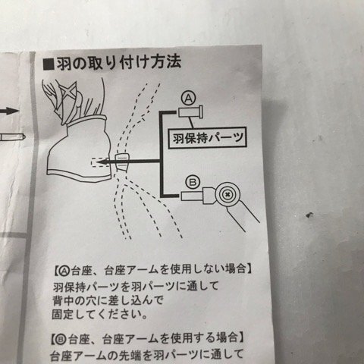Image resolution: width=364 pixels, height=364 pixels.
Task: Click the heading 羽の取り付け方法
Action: pyautogui.click(x=119, y=63)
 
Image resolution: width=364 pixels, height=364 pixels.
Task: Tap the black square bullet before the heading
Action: pyautogui.click(x=49, y=64)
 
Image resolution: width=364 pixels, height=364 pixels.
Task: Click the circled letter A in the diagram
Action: pyautogui.click(x=189, y=99)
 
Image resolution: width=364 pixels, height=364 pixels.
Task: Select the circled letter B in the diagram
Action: pyautogui.click(x=193, y=183)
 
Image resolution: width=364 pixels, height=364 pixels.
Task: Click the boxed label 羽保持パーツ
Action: pyautogui.click(x=207, y=138)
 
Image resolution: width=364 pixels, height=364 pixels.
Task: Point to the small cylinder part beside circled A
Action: pyautogui.click(x=190, y=112)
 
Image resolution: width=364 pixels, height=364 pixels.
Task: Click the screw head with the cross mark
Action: pyautogui.click(x=227, y=194)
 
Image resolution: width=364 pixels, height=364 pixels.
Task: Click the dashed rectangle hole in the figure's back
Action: pyautogui.click(x=101, y=162)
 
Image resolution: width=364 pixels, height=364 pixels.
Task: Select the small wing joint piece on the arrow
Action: pyautogui.click(x=121, y=162)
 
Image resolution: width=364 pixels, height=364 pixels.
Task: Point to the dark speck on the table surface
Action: pyautogui.click(x=309, y=215)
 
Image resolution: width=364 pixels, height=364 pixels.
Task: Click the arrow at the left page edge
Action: pyautogui.click(x=9, y=111)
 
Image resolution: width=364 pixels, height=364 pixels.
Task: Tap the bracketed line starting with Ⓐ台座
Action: pyautogui.click(x=154, y=270)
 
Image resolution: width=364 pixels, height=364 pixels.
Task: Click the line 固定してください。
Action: pyautogui.click(x=100, y=315)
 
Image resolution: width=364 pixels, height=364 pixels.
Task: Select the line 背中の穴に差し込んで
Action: pyautogui.click(x=108, y=300)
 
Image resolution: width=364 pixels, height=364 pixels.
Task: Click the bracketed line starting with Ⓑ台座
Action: pyautogui.click(x=149, y=338)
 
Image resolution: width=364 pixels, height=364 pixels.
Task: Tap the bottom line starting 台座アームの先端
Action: pyautogui.click(x=147, y=355)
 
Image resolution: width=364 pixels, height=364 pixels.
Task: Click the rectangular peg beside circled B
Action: pyautogui.click(x=193, y=196)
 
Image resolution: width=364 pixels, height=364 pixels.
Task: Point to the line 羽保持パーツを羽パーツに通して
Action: pyautogui.click(x=136, y=287)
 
